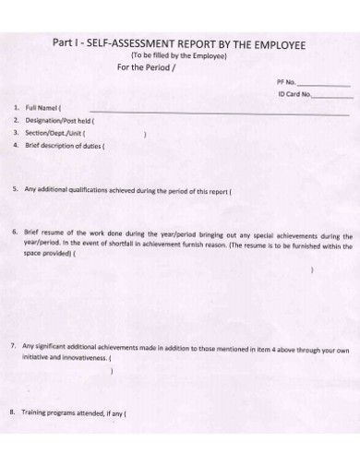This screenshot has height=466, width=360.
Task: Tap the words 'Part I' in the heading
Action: point(67,44)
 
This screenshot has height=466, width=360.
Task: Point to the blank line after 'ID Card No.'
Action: point(333,96)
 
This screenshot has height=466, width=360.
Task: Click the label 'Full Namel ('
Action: point(42,108)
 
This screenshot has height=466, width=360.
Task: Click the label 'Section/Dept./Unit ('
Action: point(55,133)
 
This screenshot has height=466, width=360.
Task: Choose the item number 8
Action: point(13,412)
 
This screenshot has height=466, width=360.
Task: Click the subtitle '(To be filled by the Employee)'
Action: point(179,56)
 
